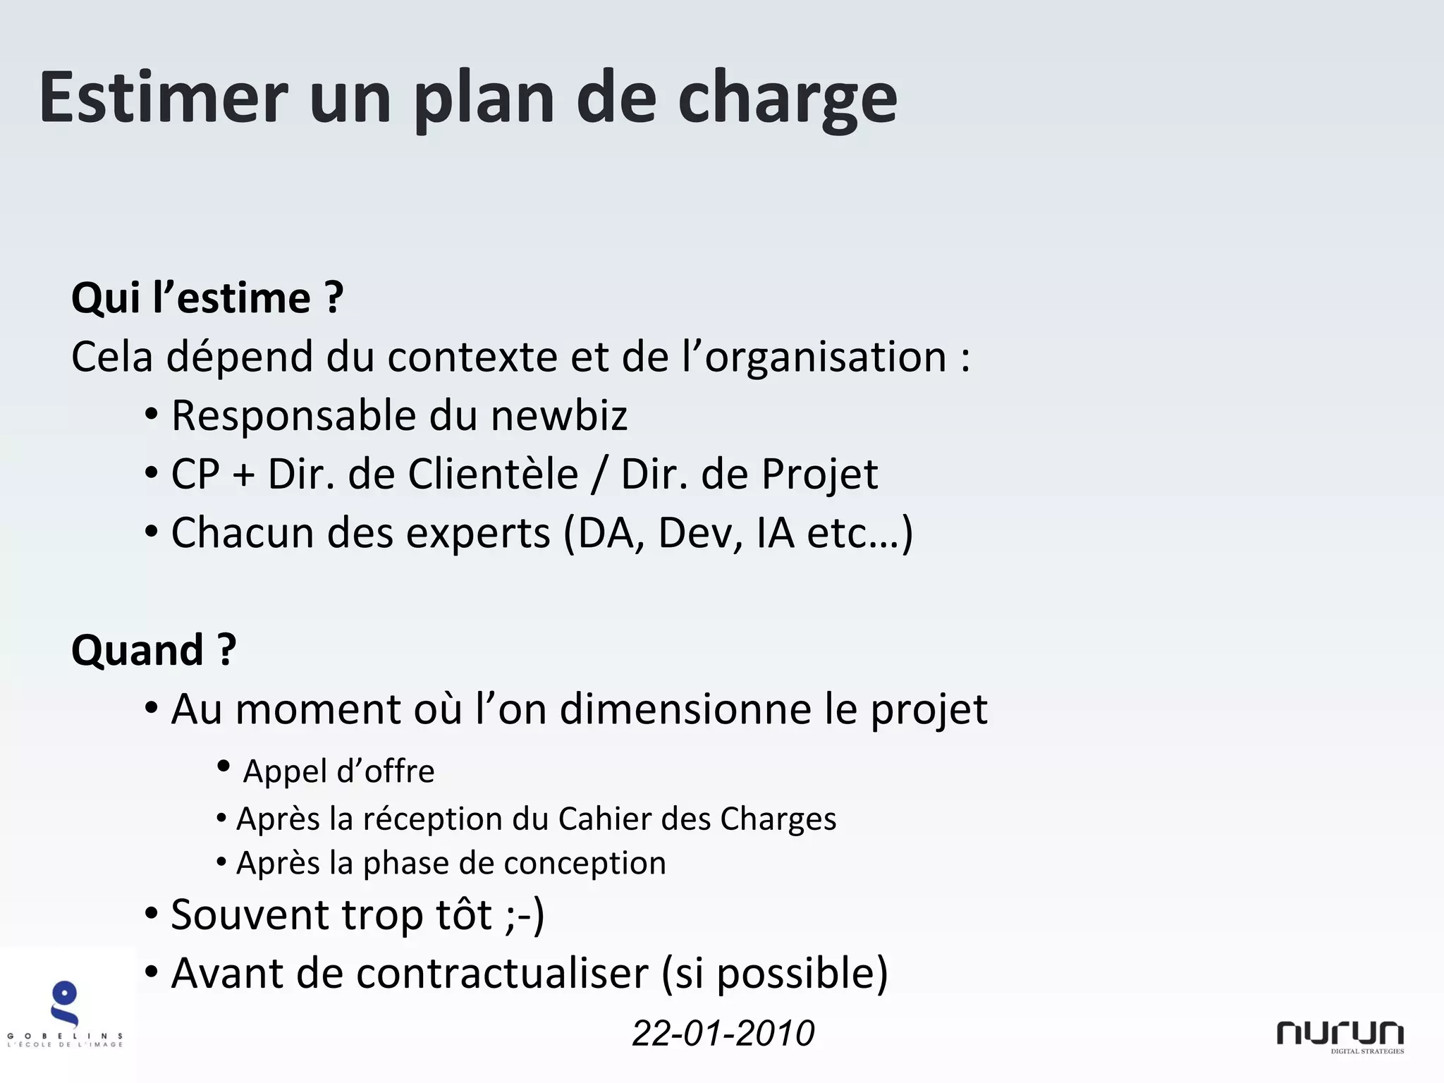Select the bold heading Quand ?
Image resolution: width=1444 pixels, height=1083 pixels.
(x=154, y=649)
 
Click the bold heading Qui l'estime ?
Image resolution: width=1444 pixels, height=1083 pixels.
(x=207, y=298)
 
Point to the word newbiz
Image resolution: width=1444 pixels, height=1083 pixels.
(x=558, y=415)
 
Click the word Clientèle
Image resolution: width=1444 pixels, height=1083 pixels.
(x=493, y=474)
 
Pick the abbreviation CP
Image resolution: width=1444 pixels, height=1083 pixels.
(x=195, y=474)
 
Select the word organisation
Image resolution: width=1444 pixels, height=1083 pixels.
(x=825, y=357)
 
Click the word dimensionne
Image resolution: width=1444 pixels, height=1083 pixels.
(x=685, y=709)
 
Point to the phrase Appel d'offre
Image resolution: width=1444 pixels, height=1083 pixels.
(x=338, y=771)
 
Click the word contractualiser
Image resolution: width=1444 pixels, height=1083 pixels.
(x=502, y=974)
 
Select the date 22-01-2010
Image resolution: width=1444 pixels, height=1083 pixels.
(x=723, y=1033)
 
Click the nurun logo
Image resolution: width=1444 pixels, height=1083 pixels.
(x=1340, y=1036)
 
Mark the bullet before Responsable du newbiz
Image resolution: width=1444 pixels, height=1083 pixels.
(x=151, y=415)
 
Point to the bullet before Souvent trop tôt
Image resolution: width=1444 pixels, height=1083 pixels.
(x=151, y=914)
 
